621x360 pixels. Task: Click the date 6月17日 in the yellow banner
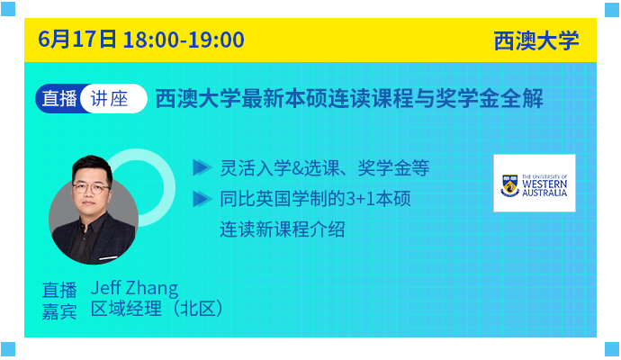[77, 40]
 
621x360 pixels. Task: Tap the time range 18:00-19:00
[184, 40]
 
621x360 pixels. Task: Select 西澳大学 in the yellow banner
[536, 40]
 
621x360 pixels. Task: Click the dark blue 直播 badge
[59, 99]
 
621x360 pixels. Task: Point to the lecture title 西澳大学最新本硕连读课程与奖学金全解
[349, 99]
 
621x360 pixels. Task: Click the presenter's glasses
[92, 188]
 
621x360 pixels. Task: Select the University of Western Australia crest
[509, 185]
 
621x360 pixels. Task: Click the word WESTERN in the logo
[544, 184]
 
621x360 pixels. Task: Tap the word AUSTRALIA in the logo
[544, 193]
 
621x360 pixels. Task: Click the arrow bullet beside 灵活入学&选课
[202, 167]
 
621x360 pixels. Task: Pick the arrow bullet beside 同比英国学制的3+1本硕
[202, 199]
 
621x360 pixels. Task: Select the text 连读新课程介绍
[282, 229]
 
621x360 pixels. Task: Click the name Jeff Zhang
[134, 288]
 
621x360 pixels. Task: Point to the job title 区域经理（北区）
[157, 309]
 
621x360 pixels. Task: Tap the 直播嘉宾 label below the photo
[59, 301]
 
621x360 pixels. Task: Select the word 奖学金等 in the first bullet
[393, 168]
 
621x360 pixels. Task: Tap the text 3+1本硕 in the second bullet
[378, 198]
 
